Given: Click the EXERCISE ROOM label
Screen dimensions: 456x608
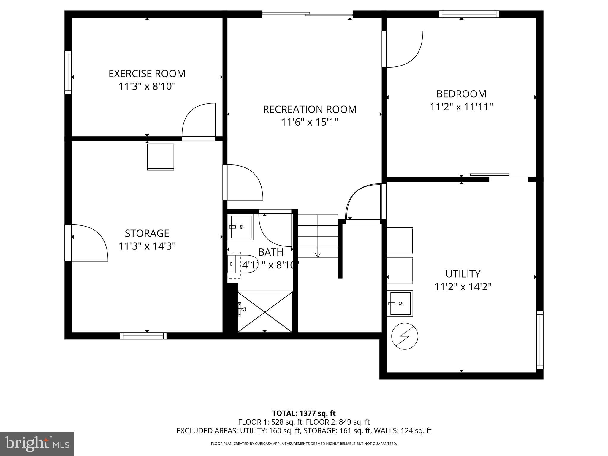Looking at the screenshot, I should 147,74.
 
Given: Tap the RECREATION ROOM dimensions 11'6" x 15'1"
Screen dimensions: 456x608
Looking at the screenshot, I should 310,122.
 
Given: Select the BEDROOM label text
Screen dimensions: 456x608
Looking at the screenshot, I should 461,94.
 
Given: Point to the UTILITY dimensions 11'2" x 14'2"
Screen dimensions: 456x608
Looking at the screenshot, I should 463,287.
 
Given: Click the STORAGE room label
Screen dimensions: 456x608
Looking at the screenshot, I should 147,233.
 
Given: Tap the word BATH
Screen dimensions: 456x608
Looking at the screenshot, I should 270,252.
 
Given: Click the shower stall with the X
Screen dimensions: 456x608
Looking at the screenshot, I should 265,311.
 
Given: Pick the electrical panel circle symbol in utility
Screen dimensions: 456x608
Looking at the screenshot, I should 405,336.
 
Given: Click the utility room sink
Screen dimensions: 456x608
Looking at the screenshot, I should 400,303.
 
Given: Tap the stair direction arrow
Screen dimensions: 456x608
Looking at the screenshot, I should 318,254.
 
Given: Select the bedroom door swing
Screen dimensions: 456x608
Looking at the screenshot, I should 403,49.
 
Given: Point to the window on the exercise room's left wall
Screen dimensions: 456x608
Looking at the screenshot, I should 68,72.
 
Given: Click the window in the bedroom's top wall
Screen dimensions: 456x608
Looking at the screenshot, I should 469,14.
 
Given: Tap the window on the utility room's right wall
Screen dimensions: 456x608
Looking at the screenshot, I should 540,340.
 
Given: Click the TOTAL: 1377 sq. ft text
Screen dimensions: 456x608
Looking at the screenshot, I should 304,413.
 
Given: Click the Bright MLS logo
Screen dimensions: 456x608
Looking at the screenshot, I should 37,444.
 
